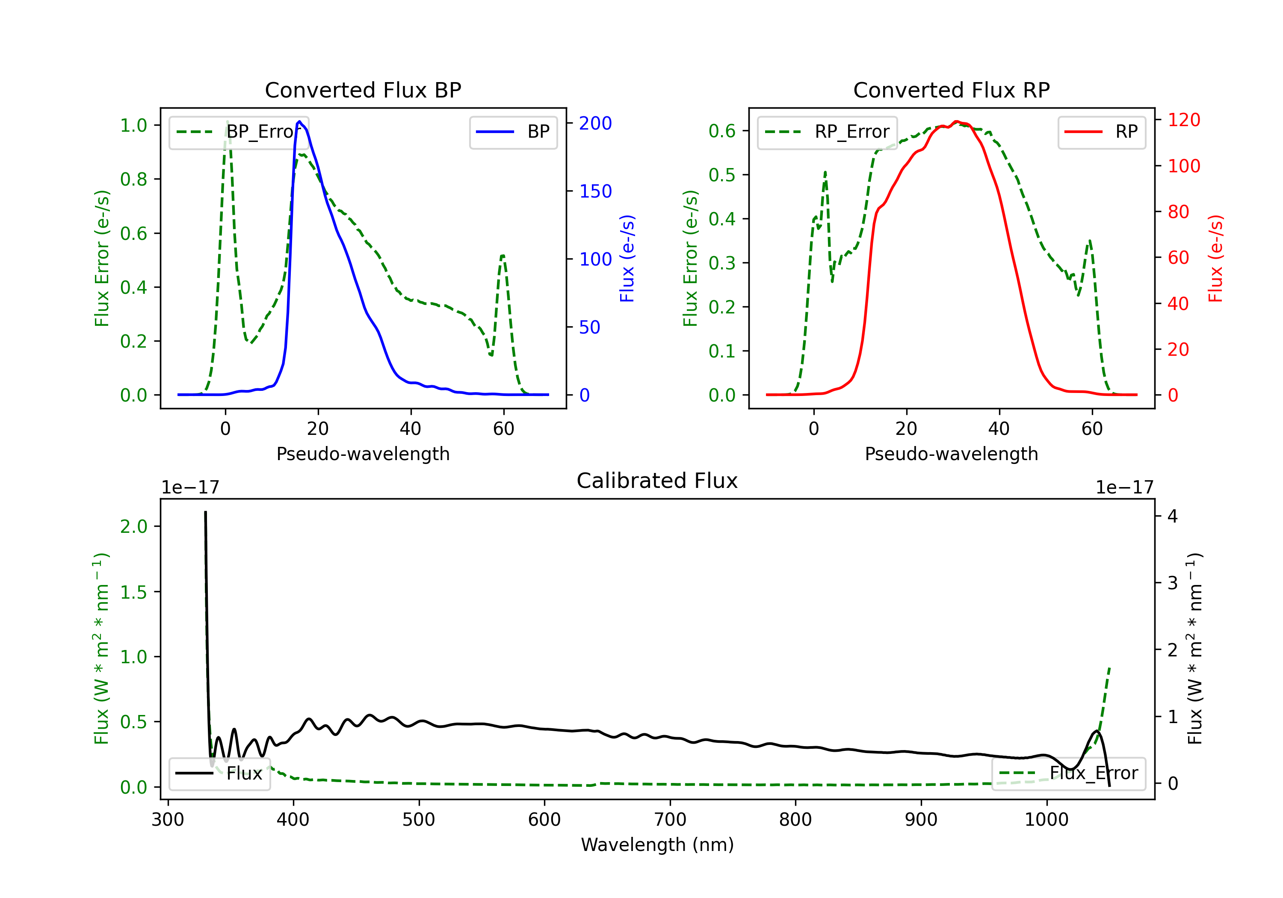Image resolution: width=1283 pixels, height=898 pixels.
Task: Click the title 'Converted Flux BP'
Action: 363,90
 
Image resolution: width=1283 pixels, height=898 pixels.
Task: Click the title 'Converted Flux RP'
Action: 951,90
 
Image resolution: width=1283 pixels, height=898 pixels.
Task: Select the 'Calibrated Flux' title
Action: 657,481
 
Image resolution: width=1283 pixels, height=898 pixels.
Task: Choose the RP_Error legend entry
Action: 827,132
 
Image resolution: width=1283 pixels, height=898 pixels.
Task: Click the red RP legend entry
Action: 1101,132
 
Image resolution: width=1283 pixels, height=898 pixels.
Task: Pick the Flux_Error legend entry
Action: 1068,774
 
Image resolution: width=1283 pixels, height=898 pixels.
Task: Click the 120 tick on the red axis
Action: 1183,120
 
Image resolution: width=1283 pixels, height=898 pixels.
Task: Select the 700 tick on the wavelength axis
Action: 670,820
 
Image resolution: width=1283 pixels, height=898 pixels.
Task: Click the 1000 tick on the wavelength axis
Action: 1047,820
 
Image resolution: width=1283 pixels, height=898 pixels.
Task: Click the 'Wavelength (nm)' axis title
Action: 657,845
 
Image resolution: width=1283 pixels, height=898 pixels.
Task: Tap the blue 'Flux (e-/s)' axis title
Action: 627,259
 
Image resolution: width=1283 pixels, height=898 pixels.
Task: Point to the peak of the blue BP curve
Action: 299,121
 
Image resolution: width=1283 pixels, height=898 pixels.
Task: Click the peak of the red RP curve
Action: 956,121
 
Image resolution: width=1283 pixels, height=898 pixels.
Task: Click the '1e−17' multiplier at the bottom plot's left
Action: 190,487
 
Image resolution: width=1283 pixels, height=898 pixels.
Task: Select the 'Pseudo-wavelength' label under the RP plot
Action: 951,454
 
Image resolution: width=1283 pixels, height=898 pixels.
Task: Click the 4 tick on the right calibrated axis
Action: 1173,516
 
